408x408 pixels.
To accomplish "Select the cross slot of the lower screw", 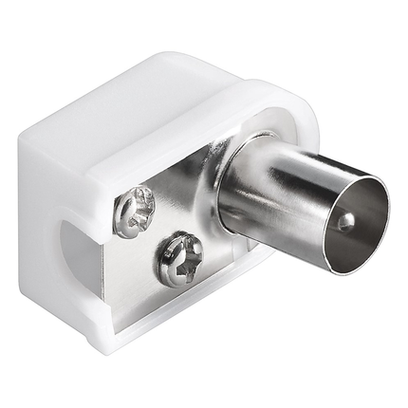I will pos(178,259).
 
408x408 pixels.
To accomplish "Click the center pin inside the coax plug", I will pos(345,221).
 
